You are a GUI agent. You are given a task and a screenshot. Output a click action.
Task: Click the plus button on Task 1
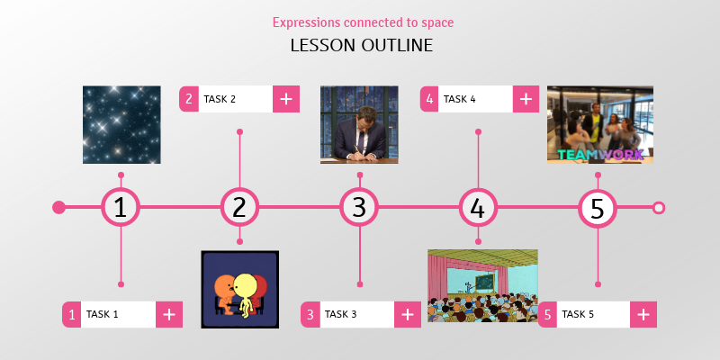[169, 314]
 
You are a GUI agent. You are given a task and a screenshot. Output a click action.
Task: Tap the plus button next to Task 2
[285, 99]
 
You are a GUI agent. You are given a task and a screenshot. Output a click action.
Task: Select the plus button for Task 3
[408, 314]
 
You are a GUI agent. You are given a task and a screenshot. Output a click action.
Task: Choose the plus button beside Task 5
[643, 314]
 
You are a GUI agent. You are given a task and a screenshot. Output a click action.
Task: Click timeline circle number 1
[121, 208]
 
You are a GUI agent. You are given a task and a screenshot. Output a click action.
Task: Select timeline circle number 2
[239, 208]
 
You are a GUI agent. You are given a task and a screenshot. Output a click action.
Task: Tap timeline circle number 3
[359, 208]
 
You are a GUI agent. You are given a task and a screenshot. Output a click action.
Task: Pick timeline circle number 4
[478, 208]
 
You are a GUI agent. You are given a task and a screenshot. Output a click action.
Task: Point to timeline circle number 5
[597, 208]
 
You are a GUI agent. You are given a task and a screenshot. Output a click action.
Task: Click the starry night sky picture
[121, 124]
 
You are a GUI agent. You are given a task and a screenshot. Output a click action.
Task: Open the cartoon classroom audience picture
[482, 285]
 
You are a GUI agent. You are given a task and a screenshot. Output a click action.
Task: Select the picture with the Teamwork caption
[599, 124]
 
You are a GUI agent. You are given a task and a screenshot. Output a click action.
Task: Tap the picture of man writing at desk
[359, 124]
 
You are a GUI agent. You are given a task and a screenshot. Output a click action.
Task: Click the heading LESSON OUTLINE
[362, 45]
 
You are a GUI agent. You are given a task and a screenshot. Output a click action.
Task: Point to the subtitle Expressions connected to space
[362, 22]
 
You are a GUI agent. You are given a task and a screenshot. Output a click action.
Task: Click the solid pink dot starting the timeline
[59, 208]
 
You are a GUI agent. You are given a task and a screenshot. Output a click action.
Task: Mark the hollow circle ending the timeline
[659, 208]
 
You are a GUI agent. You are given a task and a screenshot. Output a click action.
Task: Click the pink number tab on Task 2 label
[189, 99]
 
